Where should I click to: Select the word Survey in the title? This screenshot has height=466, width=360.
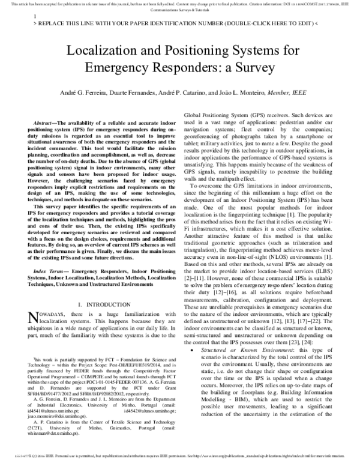[254, 67]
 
